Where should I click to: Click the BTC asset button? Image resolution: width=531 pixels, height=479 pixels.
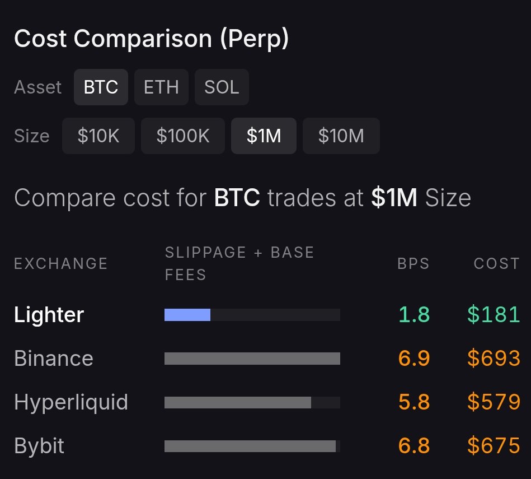[101, 87]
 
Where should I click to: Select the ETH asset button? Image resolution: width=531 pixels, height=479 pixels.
[161, 87]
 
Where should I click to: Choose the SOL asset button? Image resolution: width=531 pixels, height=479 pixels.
[222, 87]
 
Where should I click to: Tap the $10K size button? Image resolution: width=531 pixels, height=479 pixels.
[98, 136]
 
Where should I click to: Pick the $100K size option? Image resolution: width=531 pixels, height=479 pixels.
[183, 136]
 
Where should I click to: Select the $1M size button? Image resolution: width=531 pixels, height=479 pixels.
[264, 136]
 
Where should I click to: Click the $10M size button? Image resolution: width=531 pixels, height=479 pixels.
[341, 136]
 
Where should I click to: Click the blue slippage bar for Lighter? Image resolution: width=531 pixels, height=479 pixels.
[187, 315]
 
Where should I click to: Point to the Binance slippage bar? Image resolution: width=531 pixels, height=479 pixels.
[252, 359]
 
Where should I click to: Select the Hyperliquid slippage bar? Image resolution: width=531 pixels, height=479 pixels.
[238, 402]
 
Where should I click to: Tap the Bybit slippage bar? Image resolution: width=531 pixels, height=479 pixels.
[250, 446]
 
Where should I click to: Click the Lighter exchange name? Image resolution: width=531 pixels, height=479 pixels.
[49, 315]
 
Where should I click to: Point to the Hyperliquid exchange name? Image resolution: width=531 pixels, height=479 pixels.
[71, 402]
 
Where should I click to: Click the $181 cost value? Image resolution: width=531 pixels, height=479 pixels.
[494, 315]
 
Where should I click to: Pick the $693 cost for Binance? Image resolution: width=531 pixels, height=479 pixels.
[494, 359]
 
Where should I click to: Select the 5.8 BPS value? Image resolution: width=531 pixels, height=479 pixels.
[414, 402]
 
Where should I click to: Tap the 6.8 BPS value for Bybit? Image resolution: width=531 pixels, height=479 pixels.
[414, 446]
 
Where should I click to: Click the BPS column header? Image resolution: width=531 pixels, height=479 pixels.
[413, 263]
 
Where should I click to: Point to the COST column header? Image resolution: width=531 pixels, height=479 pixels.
[497, 263]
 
